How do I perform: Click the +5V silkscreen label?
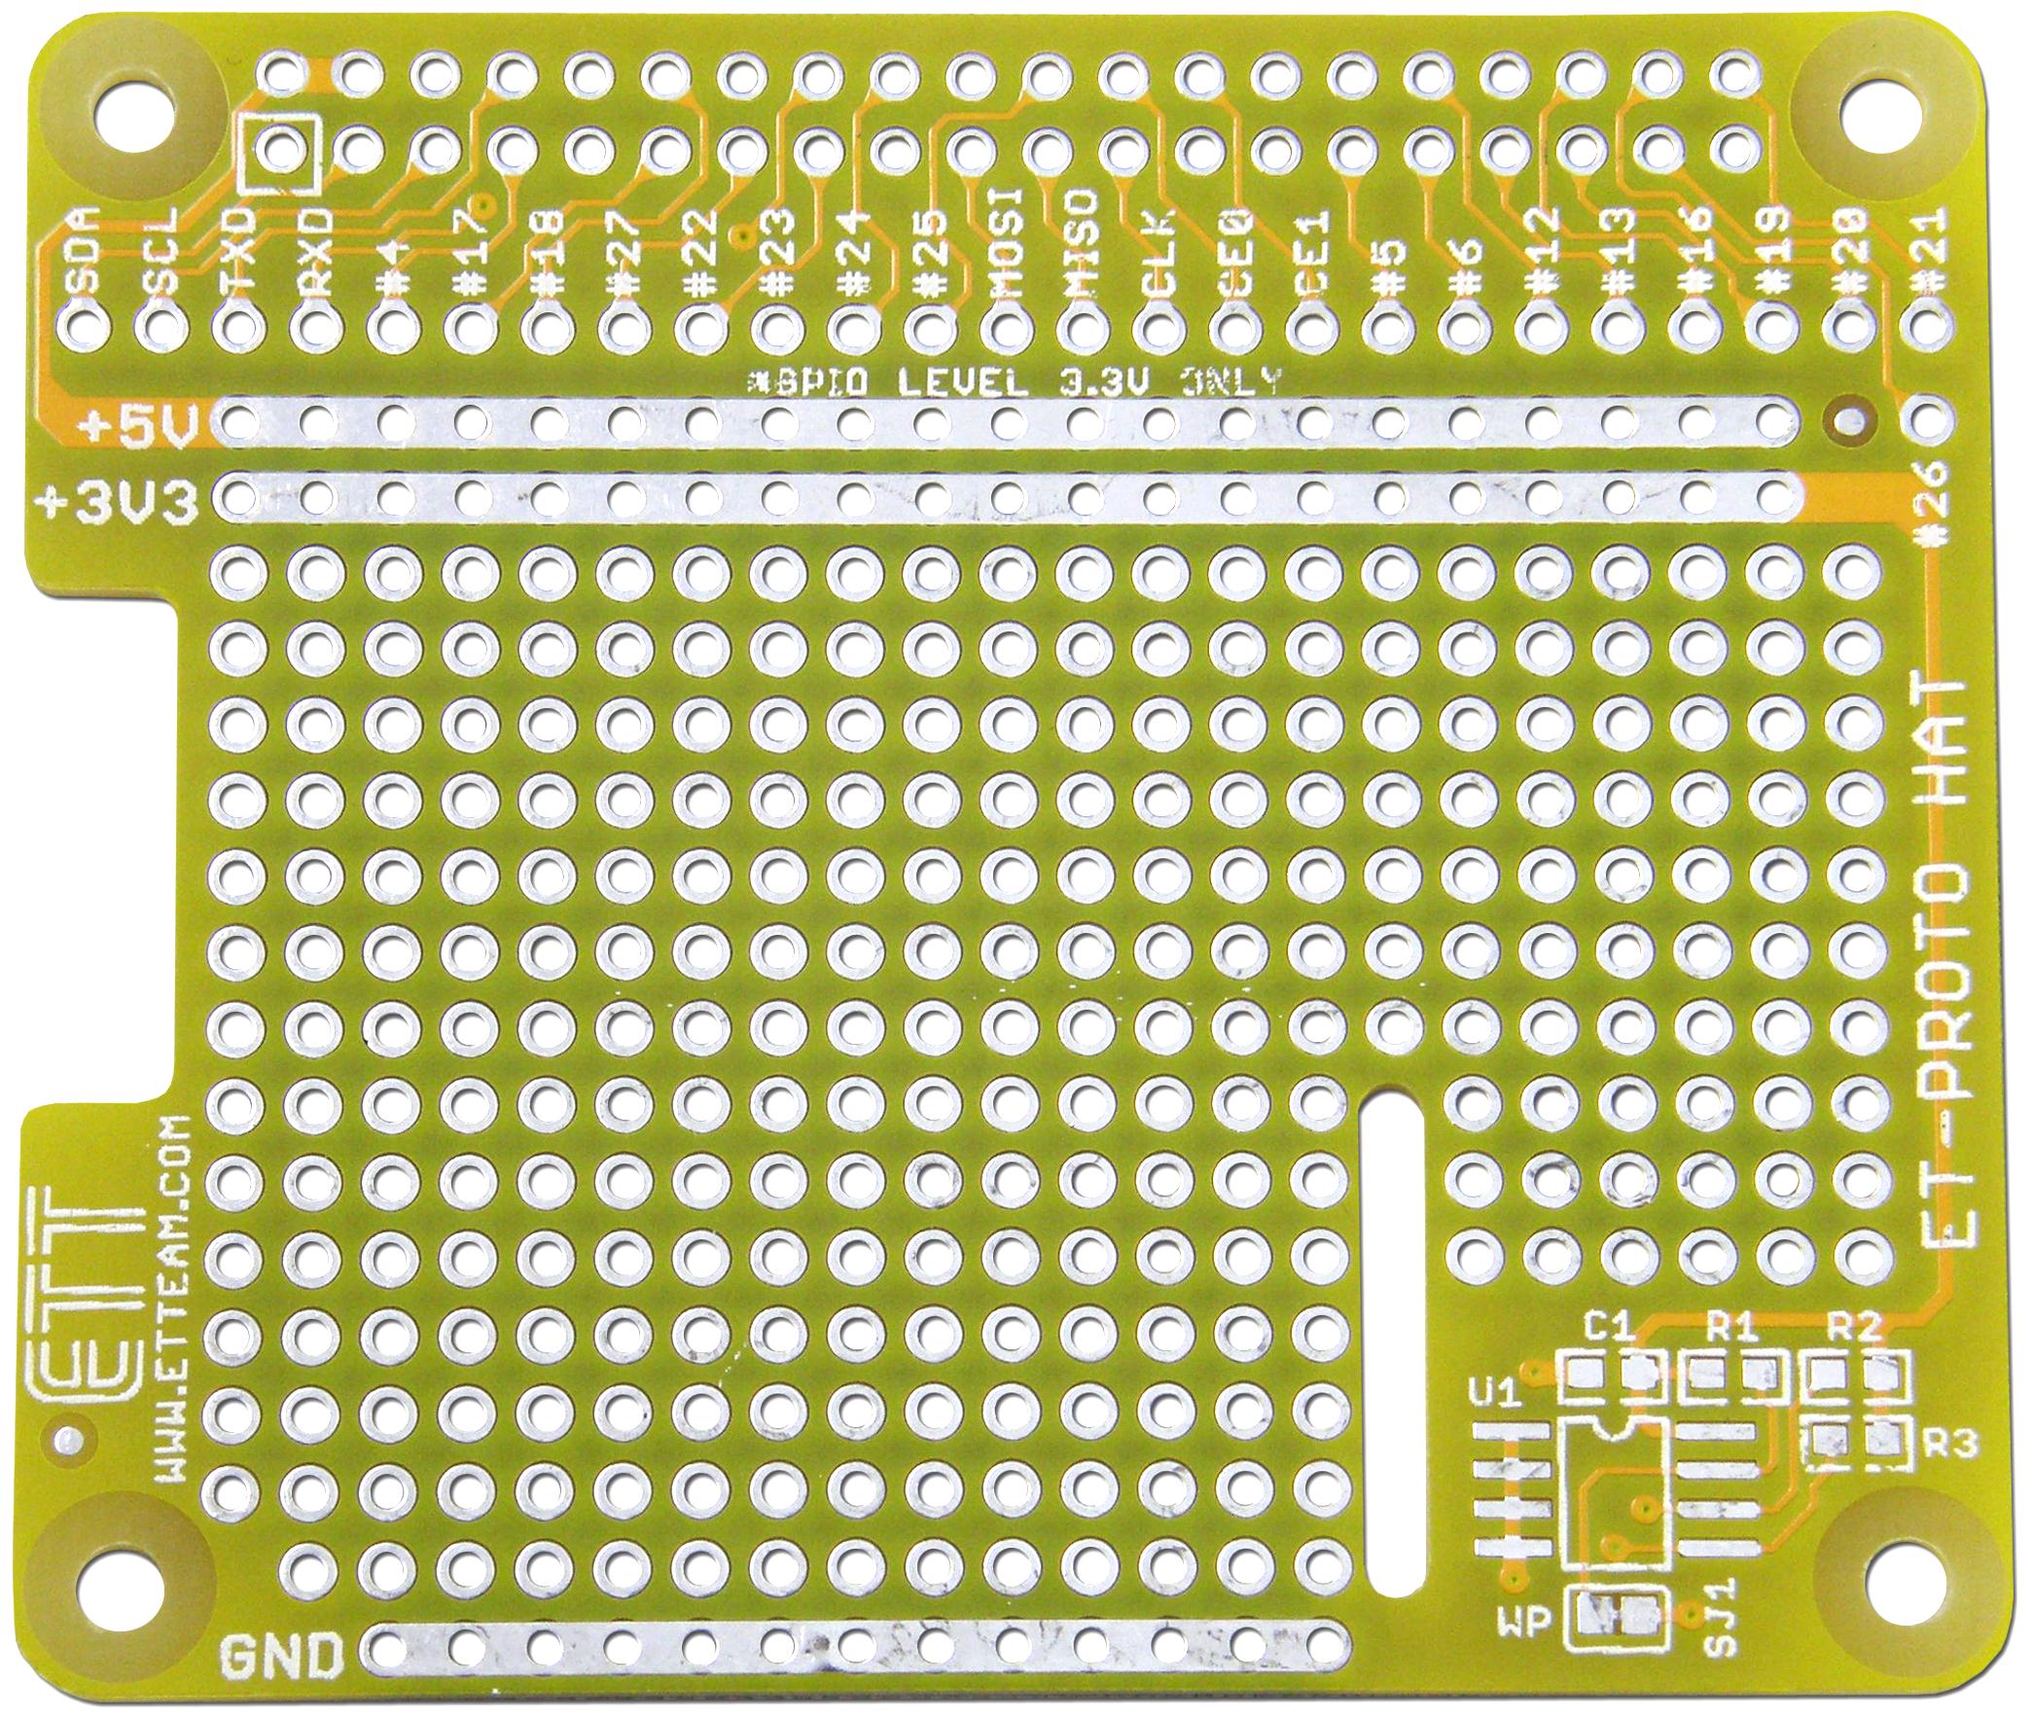(x=139, y=425)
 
